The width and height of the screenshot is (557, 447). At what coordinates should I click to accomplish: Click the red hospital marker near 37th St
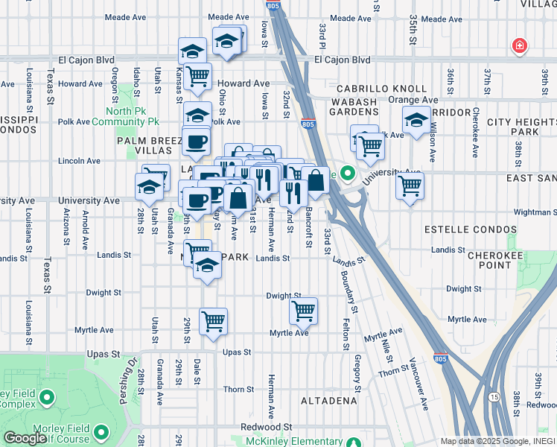pos(520,47)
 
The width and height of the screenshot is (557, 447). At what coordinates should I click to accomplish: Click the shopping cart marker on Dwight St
pos(303,310)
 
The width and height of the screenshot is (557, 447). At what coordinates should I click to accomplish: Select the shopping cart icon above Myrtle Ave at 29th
pos(213,320)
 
